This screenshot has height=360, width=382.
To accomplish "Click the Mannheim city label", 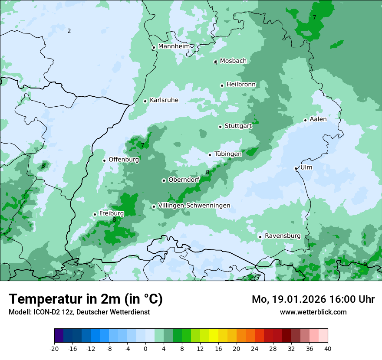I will click(x=174, y=46).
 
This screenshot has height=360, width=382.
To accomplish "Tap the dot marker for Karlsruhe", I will click(x=145, y=101).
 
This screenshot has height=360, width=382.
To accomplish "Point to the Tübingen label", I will click(x=228, y=154).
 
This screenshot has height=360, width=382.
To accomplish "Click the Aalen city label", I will click(x=318, y=119).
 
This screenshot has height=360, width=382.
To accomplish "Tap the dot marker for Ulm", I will click(x=296, y=168).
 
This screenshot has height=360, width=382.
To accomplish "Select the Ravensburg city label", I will click(x=283, y=236).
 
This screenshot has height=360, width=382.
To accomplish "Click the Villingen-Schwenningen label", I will click(x=194, y=206).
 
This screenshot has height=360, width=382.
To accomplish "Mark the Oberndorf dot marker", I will click(x=164, y=180).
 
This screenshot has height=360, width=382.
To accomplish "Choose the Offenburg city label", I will click(x=124, y=160).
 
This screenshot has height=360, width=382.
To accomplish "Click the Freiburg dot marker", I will click(x=95, y=214).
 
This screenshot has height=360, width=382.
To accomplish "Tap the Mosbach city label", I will click(x=233, y=61).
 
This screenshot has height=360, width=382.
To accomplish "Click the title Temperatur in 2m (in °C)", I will click(x=86, y=299).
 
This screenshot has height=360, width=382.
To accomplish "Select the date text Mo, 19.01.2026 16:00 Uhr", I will click(x=313, y=299).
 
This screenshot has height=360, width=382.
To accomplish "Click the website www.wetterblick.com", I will click(x=313, y=312).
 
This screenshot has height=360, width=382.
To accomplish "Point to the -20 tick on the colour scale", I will click(x=54, y=348).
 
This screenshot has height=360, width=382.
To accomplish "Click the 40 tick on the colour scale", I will click(x=328, y=348).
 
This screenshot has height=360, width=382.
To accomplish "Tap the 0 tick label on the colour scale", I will click(x=145, y=348).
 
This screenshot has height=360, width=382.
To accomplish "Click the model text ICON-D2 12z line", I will click(x=79, y=312).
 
